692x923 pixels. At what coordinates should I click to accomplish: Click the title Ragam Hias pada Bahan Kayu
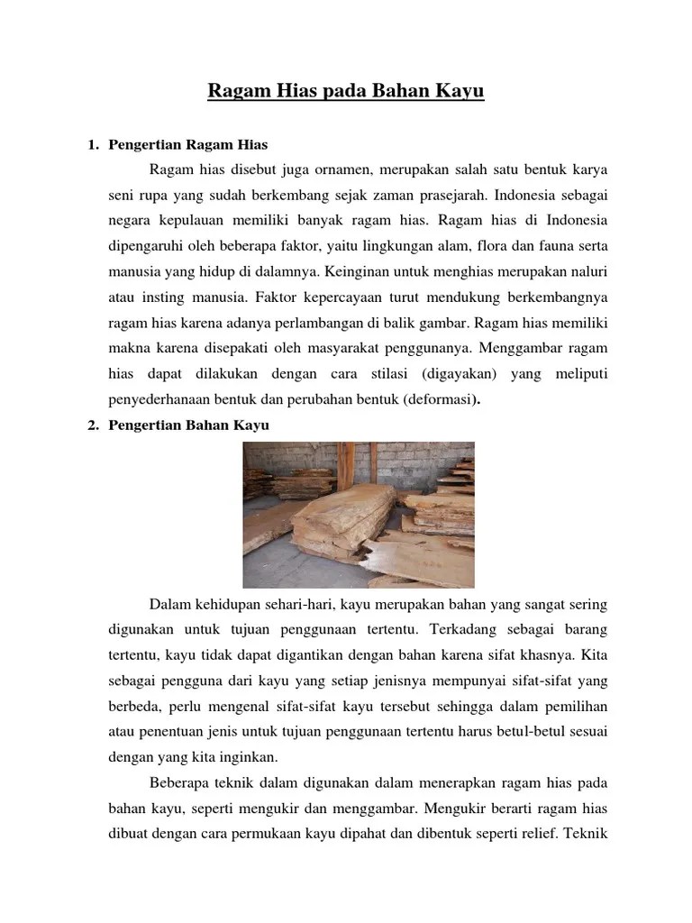pos(346,92)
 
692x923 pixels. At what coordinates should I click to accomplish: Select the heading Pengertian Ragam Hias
pos(188,145)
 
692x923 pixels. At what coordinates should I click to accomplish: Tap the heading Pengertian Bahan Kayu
pos(189,425)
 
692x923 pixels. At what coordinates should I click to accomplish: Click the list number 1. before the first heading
pos(92,145)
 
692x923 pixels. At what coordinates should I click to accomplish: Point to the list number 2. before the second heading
pos(92,425)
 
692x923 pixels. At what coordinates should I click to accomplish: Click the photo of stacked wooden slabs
pos(359,515)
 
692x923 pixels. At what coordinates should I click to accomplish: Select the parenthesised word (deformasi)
pos(442,398)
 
